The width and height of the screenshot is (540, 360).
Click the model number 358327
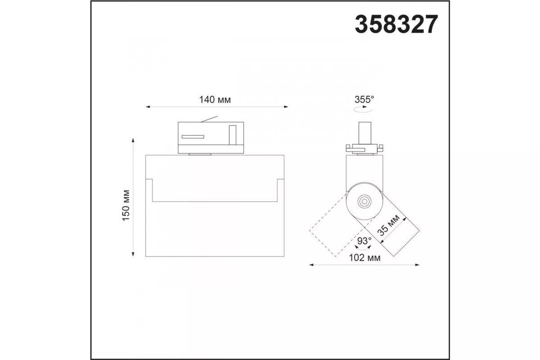click(x=396, y=24)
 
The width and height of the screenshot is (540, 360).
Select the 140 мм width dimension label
click(x=215, y=99)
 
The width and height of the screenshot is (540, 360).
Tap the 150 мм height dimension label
click(x=126, y=206)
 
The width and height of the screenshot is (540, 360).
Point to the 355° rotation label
click(x=364, y=99)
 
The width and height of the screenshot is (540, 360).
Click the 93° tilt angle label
click(x=364, y=241)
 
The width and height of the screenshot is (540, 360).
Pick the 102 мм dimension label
click(x=365, y=258)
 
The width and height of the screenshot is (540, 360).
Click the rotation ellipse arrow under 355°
click(x=363, y=110)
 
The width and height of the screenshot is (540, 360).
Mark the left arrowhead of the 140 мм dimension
click(x=148, y=107)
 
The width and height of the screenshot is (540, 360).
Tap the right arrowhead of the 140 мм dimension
click(x=286, y=107)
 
